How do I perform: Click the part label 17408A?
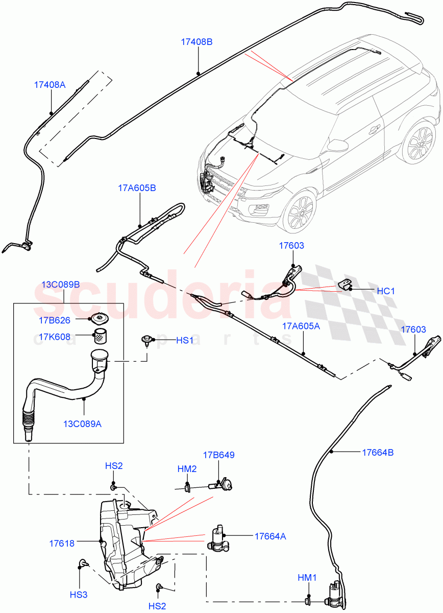point(50,85)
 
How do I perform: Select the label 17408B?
point(196,42)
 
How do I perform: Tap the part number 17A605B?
point(137,188)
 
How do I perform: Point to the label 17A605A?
point(301,325)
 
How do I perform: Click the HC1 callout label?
point(386,291)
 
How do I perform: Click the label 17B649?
point(218,455)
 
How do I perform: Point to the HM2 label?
point(187,468)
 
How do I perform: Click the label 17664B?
point(378,452)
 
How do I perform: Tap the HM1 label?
point(307,577)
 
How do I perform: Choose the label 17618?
point(62,543)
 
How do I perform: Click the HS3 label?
point(79,594)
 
